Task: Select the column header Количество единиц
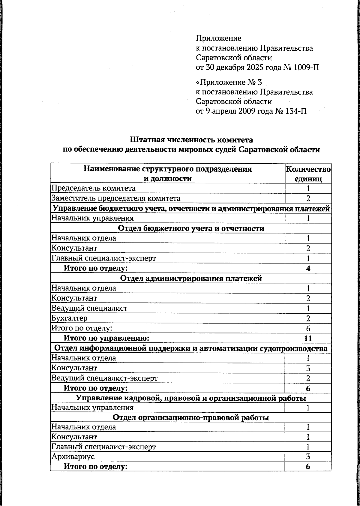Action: pos(308,174)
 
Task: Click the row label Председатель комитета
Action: pos(93,188)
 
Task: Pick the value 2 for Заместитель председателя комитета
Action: pos(308,198)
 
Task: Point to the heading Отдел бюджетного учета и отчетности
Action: pos(191,228)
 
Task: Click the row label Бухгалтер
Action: pos(70,318)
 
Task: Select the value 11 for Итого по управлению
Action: pos(308,338)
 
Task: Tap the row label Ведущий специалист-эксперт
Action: pos(104,378)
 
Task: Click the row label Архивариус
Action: pos(73,456)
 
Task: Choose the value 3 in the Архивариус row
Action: pos(308,457)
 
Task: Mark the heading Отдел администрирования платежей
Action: pos(191,278)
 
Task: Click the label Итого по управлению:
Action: pos(106,338)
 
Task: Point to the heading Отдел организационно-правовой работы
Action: pos(191,417)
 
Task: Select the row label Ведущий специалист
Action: pos(89,308)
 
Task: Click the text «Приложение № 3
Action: pos(229,82)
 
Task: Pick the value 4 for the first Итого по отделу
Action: pos(308,268)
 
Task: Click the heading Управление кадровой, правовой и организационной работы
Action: pos(191,398)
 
